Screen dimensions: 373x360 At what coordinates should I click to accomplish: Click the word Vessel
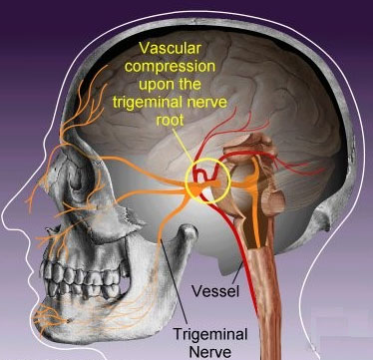click(215, 291)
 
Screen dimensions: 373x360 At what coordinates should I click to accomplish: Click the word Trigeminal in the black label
click(210, 334)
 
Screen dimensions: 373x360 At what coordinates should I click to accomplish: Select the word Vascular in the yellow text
click(171, 48)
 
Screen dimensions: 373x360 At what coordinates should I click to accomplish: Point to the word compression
click(171, 66)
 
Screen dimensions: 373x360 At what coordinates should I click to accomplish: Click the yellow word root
click(170, 120)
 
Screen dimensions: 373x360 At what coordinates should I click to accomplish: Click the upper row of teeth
click(83, 272)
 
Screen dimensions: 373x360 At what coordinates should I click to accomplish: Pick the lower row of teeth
click(82, 288)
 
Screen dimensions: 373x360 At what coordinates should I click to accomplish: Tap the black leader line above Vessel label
click(237, 275)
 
